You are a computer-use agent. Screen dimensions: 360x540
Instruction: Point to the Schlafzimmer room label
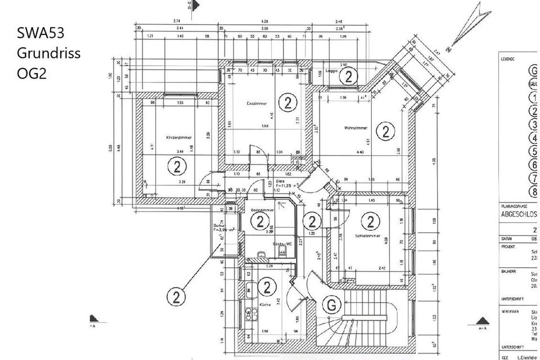pyautogui.click(x=368, y=236)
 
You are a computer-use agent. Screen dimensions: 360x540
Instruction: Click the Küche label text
pyautogui.click(x=265, y=304)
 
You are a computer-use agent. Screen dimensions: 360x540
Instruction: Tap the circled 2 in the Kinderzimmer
pyautogui.click(x=177, y=166)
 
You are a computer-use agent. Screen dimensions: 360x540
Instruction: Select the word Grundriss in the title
pyautogui.click(x=48, y=54)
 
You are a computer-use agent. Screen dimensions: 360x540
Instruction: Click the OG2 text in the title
pyautogui.click(x=31, y=74)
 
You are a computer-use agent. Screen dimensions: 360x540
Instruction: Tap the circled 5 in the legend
pyautogui.click(x=534, y=151)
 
